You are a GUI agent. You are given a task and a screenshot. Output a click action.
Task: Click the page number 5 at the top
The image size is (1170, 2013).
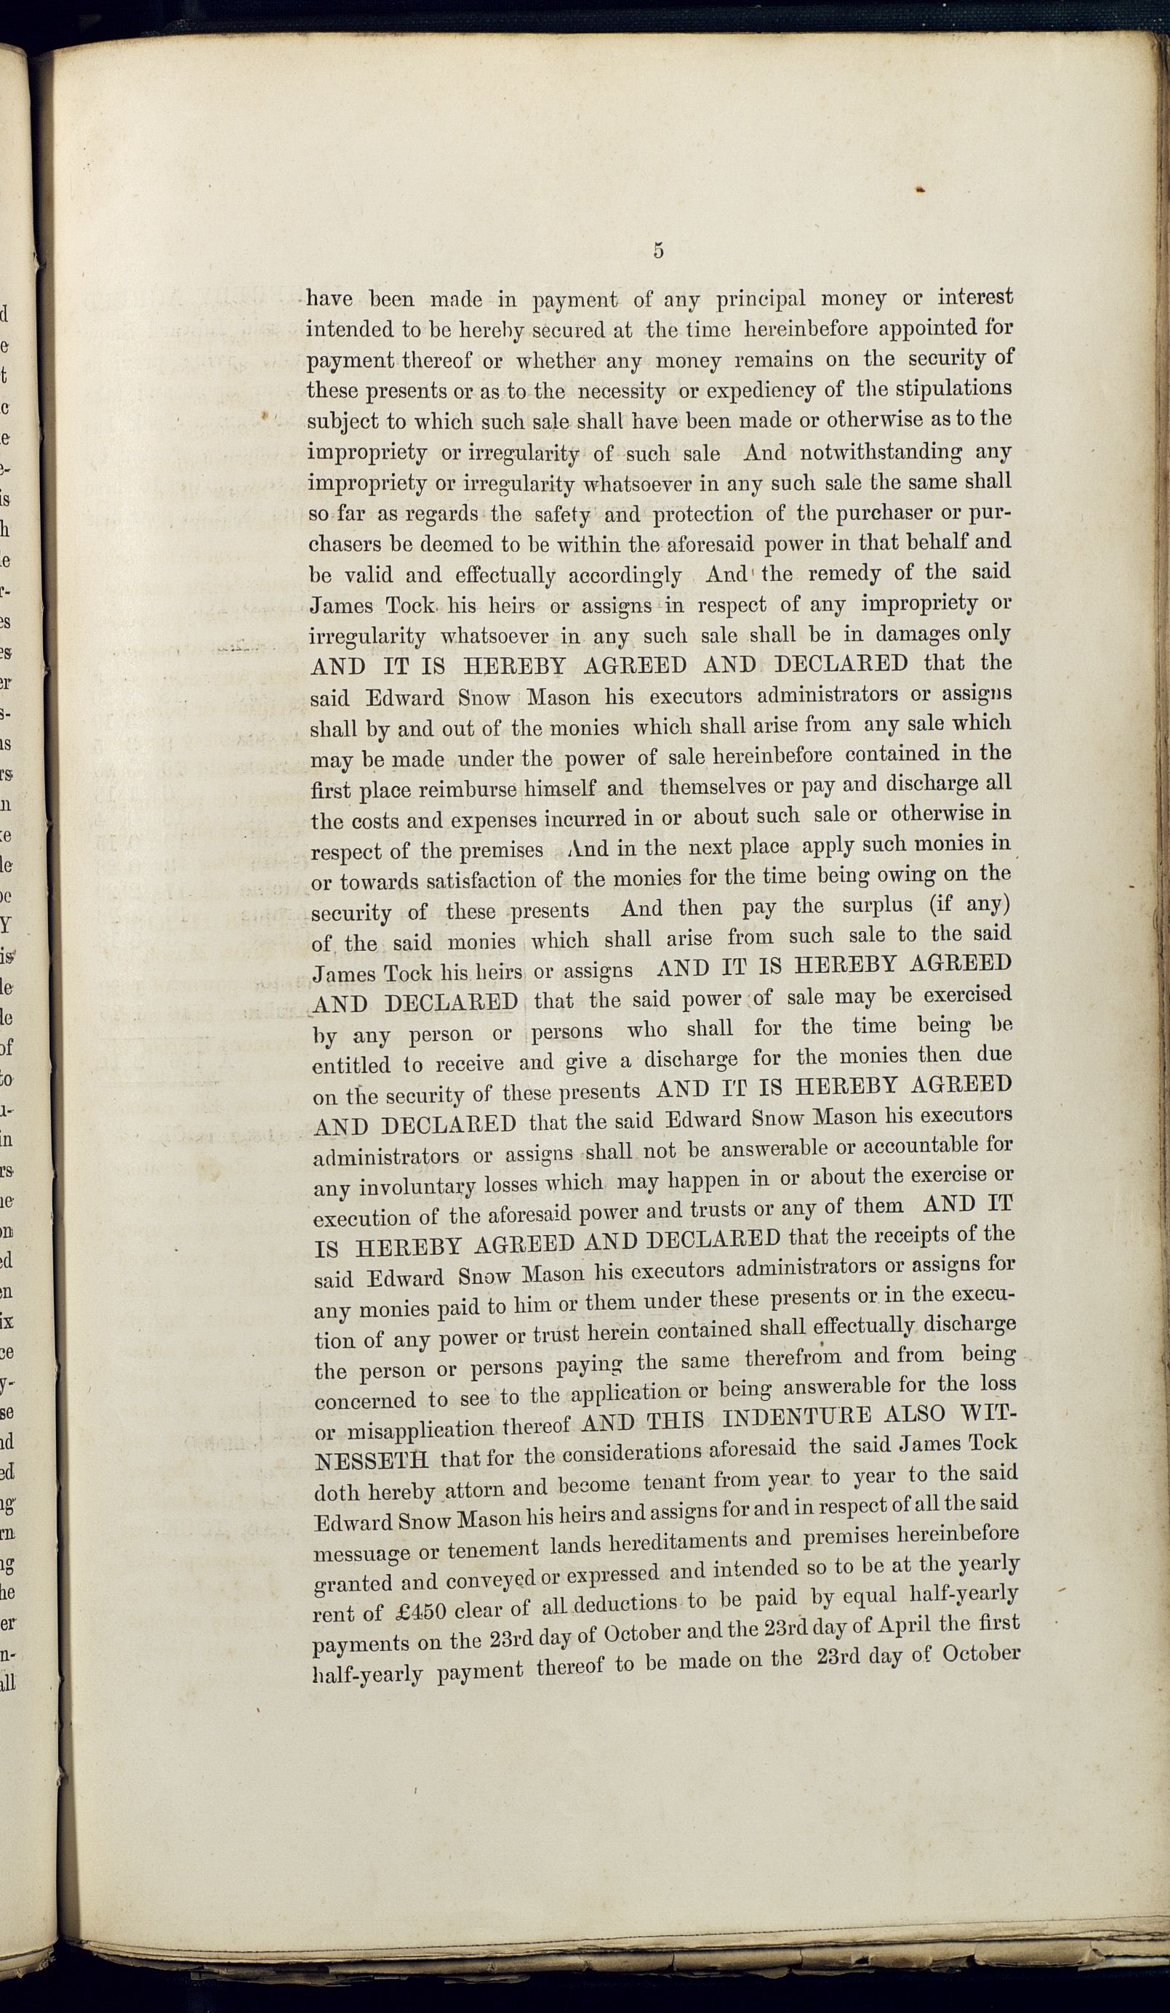[658, 250]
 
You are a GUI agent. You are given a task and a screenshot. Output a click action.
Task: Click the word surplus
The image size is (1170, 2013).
[880, 906]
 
